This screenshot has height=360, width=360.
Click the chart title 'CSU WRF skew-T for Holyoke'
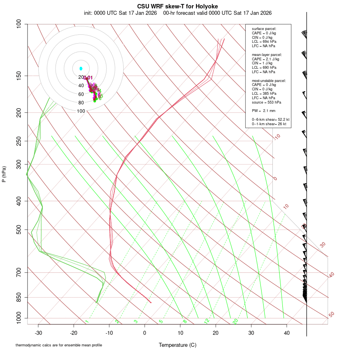click(178, 6)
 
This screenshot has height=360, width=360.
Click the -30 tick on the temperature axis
click(38, 332)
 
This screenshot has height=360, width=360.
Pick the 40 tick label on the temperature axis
click(286, 332)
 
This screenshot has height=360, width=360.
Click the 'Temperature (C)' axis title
click(178, 345)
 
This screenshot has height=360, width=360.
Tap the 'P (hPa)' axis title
click(4, 174)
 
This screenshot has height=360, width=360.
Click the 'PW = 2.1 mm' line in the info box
click(264, 111)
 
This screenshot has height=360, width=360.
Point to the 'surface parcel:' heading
click(264, 29)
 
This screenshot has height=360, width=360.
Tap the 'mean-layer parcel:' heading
click(267, 55)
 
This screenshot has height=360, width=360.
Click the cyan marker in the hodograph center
click(81, 69)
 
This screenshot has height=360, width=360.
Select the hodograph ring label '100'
click(81, 111)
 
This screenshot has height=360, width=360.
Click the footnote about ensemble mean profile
click(59, 345)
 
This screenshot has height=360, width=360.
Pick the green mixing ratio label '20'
click(236, 321)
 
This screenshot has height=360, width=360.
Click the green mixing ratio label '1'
click(87, 322)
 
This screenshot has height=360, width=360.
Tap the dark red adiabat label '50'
click(331, 315)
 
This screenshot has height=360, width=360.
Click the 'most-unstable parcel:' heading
click(269, 80)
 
